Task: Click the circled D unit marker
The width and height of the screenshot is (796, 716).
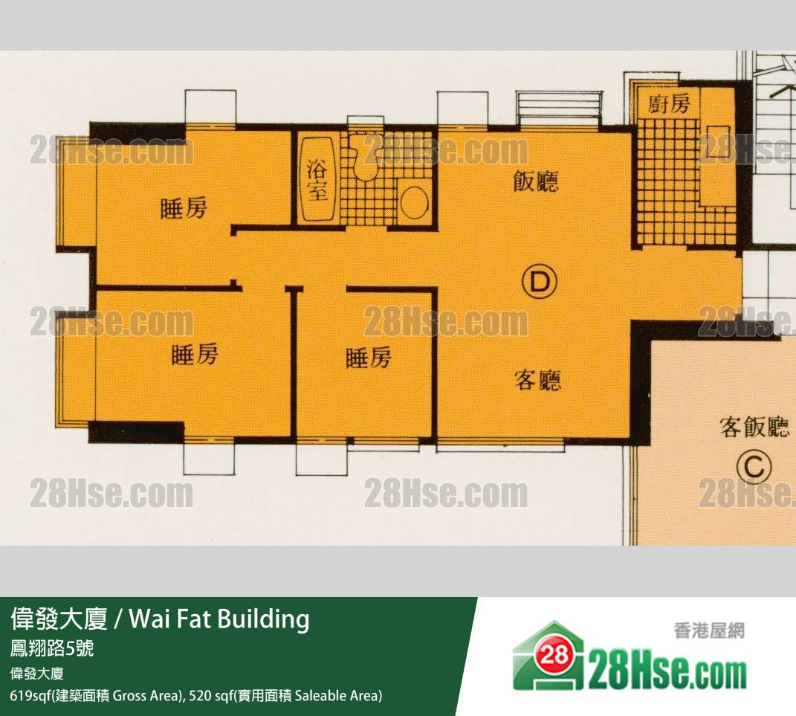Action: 540,282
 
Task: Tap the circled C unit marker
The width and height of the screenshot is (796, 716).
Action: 754,467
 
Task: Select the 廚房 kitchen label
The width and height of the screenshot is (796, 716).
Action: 669,104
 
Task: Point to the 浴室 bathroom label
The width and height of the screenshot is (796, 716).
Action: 317,181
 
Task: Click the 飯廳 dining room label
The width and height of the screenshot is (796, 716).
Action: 536,181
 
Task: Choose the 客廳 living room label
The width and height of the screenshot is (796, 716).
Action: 538,380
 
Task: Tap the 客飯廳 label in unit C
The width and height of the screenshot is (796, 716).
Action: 755,427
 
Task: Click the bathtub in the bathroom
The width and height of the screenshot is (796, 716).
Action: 317,180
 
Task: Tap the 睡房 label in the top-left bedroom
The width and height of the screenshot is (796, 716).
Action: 184,209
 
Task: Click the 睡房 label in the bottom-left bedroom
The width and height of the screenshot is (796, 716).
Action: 195,355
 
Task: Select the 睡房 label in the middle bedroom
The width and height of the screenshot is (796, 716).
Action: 369,358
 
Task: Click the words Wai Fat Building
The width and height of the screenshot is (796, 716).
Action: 219,619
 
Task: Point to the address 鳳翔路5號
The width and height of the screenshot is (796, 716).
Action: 52,648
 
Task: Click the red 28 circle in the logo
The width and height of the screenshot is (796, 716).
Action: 554,656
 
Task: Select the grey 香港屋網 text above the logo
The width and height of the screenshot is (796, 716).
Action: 709,631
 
